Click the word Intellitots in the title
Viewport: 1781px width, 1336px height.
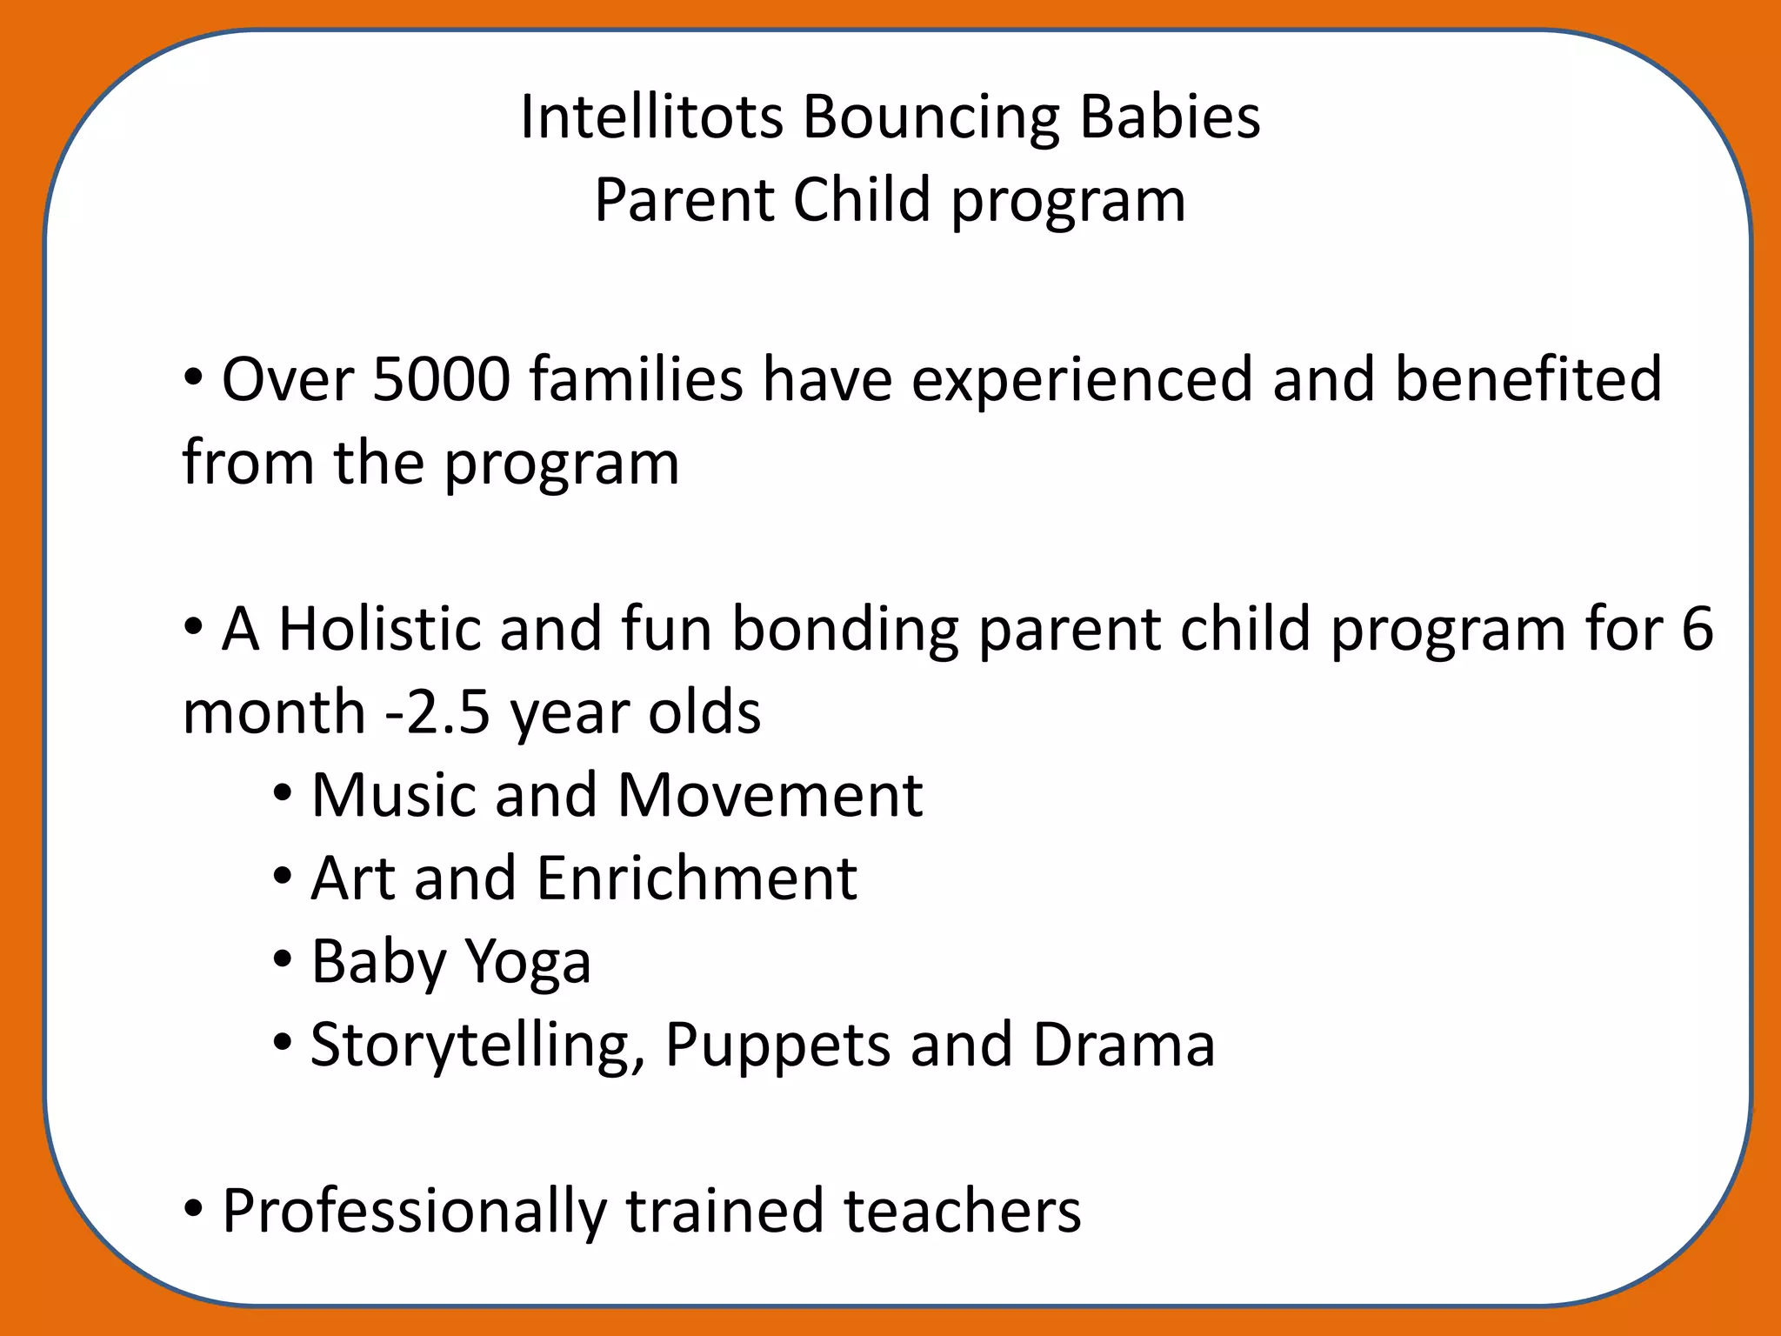coord(651,117)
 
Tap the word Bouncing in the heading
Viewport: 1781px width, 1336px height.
coord(931,118)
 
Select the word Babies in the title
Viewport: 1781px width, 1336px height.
coord(1170,117)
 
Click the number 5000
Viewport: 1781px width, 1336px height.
coord(441,380)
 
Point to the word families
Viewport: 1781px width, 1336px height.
coord(637,380)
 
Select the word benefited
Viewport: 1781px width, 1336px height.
coord(1528,380)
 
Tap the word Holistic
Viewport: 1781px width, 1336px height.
coord(379,629)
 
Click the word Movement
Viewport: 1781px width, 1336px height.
coord(770,795)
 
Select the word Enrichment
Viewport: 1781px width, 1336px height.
coord(697,878)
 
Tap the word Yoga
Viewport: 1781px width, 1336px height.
coord(528,963)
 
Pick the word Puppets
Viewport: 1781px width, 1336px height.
coord(777,1045)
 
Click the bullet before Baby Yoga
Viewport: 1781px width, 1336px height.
coord(282,961)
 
